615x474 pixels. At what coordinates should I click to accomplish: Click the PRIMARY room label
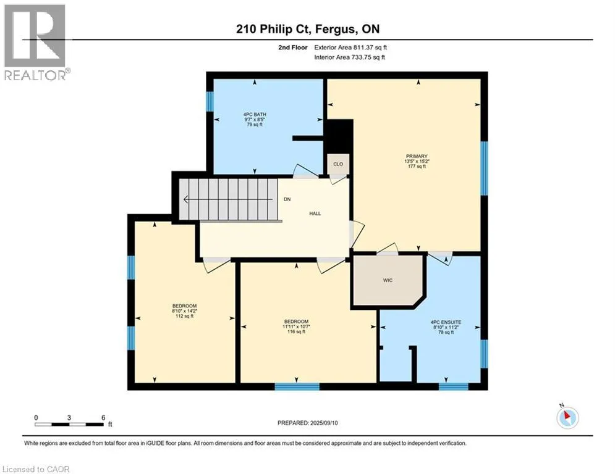click(x=417, y=156)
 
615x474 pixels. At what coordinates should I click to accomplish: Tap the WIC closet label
click(x=388, y=280)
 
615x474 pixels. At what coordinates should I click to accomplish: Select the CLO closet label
click(x=338, y=164)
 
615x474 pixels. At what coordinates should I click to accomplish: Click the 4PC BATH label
click(x=255, y=114)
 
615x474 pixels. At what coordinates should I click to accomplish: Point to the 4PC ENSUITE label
click(x=446, y=322)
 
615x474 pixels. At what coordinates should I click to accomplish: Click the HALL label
click(x=315, y=214)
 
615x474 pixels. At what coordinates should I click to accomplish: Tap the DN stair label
click(x=287, y=199)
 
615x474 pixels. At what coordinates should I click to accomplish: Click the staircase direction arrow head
click(x=186, y=199)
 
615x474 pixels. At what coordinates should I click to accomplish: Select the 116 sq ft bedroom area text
click(x=296, y=331)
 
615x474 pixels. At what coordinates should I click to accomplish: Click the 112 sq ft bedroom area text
click(x=184, y=316)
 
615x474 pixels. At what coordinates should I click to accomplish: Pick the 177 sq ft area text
click(x=417, y=166)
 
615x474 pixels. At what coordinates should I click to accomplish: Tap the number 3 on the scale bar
click(x=69, y=418)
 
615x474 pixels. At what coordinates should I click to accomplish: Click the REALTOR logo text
click(x=35, y=75)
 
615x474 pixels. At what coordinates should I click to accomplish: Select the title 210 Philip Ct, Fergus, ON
click(x=308, y=29)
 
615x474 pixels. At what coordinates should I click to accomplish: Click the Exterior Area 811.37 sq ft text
click(x=350, y=48)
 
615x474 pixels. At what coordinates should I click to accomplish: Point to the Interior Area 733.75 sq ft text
click(x=349, y=57)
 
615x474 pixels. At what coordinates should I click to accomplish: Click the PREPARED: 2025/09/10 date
click(x=308, y=423)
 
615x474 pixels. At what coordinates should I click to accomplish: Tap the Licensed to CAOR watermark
click(x=36, y=469)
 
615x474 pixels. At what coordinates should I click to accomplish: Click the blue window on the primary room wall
click(x=485, y=168)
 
